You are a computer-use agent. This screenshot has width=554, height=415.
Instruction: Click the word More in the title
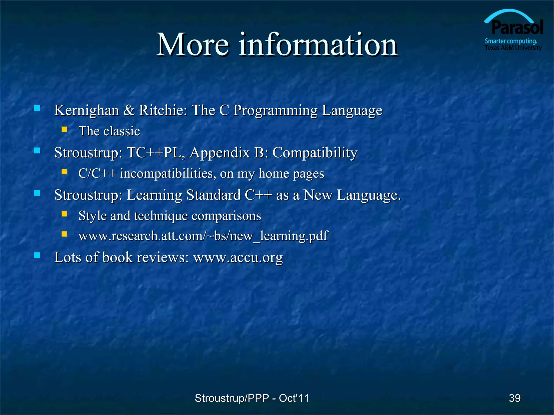click(193, 45)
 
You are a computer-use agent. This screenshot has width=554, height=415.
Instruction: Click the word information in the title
click(318, 45)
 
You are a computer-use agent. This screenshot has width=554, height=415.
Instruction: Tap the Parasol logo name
click(517, 28)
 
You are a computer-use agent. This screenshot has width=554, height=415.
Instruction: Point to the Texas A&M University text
click(513, 48)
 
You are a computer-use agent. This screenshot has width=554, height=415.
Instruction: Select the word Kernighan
click(87, 110)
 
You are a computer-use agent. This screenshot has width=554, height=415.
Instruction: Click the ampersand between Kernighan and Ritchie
click(129, 110)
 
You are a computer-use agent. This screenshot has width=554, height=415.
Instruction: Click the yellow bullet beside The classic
click(64, 129)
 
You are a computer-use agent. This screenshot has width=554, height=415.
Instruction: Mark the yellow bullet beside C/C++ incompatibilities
click(64, 172)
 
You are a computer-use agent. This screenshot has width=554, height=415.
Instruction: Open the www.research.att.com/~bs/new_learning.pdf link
click(203, 236)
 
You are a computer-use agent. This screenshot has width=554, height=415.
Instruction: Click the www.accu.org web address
click(238, 257)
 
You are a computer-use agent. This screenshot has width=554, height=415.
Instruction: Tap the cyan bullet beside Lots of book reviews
click(37, 255)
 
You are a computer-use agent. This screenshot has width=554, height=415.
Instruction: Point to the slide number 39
click(515, 398)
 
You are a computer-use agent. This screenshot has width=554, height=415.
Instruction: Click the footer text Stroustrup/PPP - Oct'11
click(252, 398)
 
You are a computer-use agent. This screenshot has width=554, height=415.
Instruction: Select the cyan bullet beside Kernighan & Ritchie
click(37, 108)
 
